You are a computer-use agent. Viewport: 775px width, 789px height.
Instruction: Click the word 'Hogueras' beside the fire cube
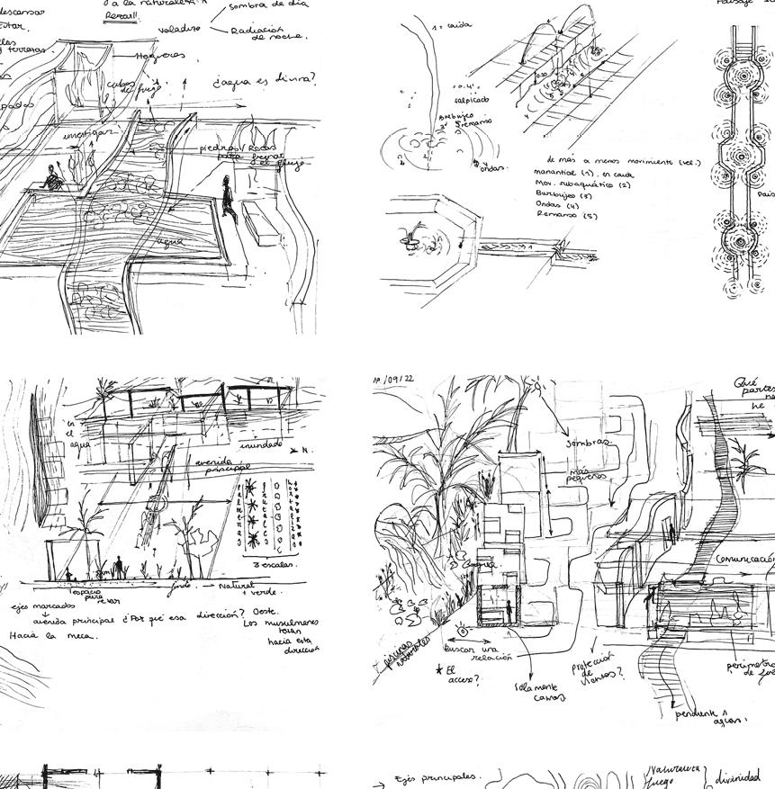pyautogui.click(x=161, y=57)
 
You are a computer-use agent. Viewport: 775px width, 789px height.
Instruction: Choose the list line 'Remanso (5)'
pyautogui.click(x=566, y=215)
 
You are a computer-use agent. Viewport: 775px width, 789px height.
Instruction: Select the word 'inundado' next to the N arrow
pyautogui.click(x=261, y=445)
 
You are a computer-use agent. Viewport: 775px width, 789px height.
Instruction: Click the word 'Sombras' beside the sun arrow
pyautogui.click(x=588, y=444)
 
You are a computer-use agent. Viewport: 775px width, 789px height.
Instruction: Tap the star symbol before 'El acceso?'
pyautogui.click(x=439, y=668)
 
